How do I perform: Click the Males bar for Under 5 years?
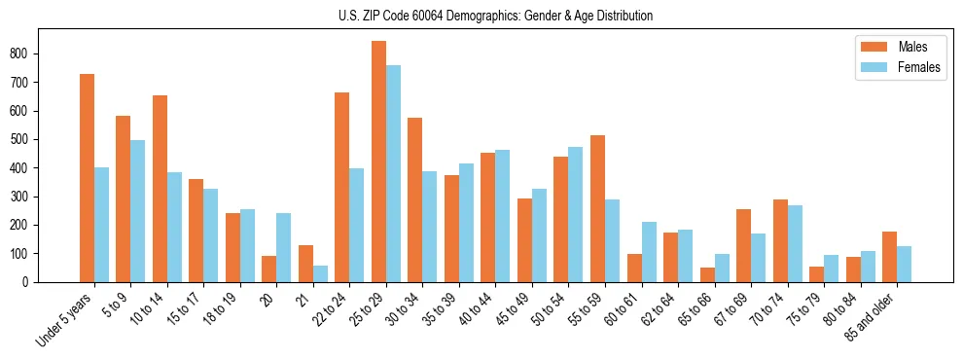(x=87, y=178)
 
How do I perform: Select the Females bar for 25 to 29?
(x=393, y=173)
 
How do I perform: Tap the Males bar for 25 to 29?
(x=378, y=162)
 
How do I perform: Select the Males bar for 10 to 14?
(x=160, y=189)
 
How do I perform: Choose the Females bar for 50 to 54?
(x=575, y=214)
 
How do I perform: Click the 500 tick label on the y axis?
(x=55, y=139)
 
